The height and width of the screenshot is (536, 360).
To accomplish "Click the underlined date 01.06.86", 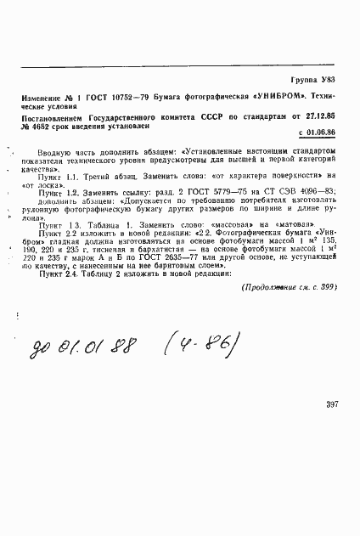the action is [x=319, y=133].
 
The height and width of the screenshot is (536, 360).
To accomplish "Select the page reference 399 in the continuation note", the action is [x=327, y=286].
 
